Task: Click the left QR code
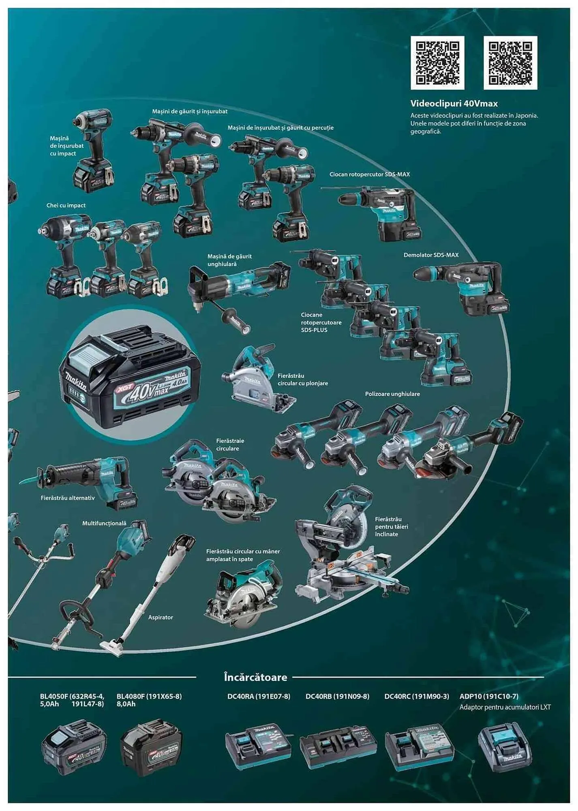[x=437, y=62]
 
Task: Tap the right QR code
[x=510, y=62]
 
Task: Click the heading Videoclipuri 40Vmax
[x=454, y=103]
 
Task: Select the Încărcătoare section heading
[x=255, y=677]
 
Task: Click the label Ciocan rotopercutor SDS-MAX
[x=369, y=174]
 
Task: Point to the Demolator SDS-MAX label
[x=431, y=255]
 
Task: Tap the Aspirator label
[x=161, y=617]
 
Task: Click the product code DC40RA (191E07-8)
[x=259, y=696]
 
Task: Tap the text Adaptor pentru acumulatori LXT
[x=505, y=707]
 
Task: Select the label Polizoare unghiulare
[x=392, y=394]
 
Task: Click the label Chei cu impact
[x=66, y=206]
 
